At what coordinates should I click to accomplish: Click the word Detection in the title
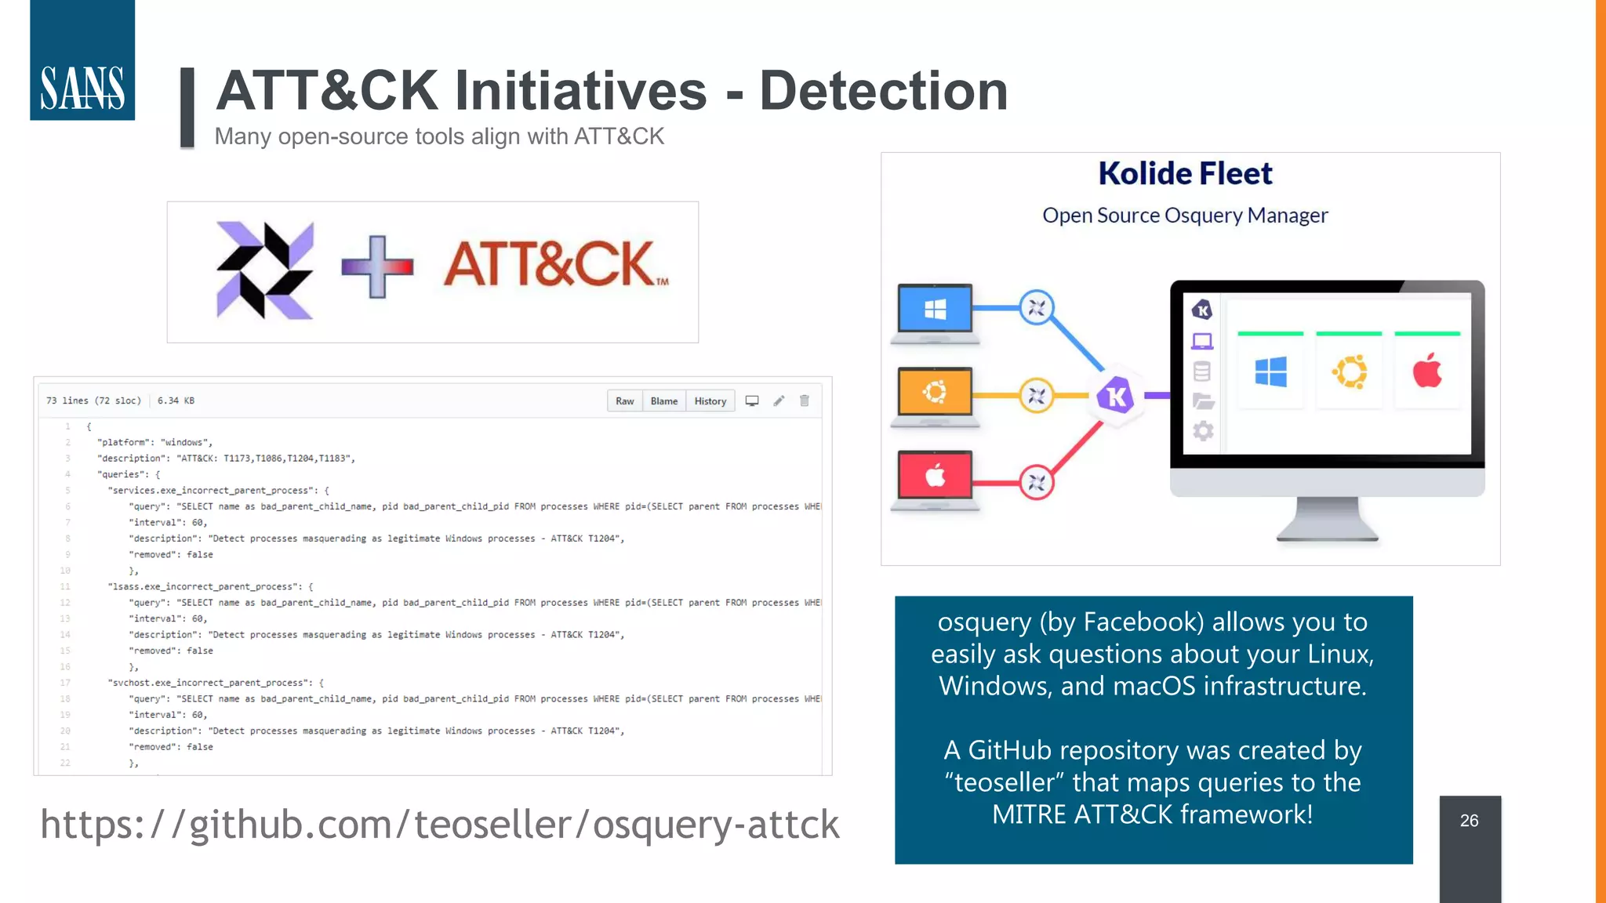883,91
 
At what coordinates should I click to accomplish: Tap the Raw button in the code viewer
624,401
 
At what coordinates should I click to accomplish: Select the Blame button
663,401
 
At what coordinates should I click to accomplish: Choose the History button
710,401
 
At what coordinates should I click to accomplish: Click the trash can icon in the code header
805,401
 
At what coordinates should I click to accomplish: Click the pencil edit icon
779,401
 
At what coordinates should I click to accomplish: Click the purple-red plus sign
377,267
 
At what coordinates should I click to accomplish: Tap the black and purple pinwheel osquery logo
264,270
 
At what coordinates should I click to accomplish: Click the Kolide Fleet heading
1185,173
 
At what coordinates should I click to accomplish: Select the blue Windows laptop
935,312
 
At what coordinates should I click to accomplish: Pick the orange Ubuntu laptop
935,394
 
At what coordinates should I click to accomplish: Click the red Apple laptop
935,477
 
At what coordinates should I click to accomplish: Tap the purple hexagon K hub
1116,396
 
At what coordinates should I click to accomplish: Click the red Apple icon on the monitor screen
1427,371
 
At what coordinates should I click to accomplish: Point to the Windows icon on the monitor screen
1270,372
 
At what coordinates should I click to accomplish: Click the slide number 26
1469,821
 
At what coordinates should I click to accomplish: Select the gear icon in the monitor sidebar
1203,430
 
